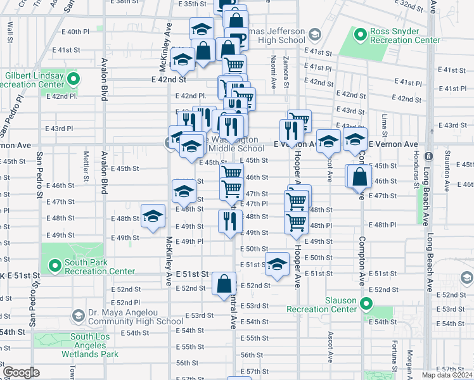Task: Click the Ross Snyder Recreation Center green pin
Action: point(361,34)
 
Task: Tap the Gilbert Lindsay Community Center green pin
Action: point(73,80)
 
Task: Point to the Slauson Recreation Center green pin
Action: point(365,303)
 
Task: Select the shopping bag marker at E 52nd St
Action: point(224,285)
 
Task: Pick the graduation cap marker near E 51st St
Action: point(276,265)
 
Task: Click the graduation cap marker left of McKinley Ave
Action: point(152,217)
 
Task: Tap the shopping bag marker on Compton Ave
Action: point(359,175)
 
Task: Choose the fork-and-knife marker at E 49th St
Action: point(229,221)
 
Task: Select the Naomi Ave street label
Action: point(273,70)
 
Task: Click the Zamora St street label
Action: point(286,71)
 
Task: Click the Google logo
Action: point(21,372)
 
